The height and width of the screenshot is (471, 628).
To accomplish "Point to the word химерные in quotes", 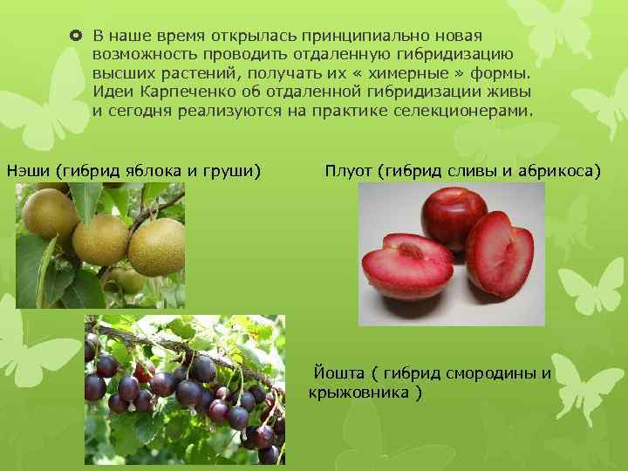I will [x=403, y=73].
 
